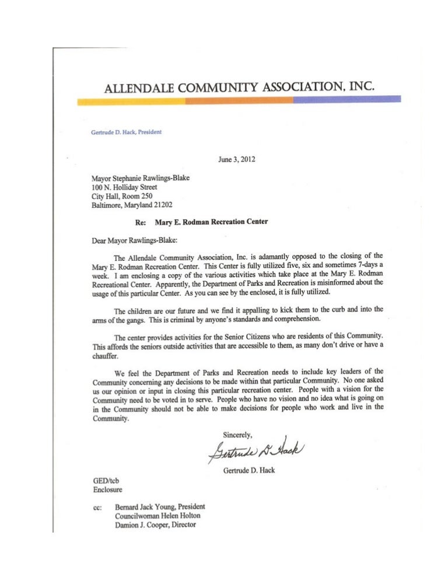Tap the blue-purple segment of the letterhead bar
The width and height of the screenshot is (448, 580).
pos(346,100)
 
